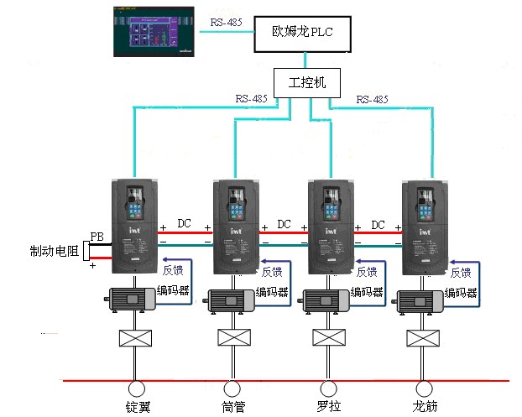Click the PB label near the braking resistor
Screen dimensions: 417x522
point(98,236)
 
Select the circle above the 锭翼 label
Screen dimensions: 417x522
point(136,388)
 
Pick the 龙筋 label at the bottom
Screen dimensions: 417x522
point(425,407)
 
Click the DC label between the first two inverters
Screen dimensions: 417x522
point(185,224)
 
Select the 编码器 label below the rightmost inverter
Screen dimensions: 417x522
point(461,293)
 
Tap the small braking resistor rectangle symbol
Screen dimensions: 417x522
point(87,250)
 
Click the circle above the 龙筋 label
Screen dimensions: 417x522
point(424,388)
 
